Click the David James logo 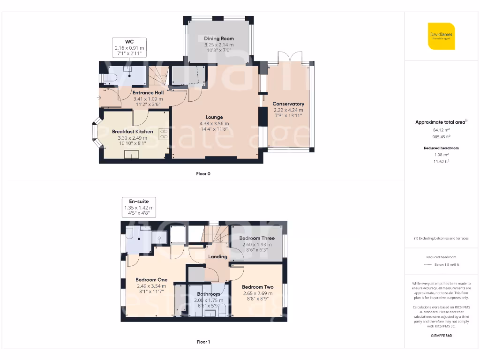pyautogui.click(x=441, y=36)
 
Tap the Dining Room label pyautogui.click(x=218, y=38)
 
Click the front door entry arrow pyautogui.click(x=98, y=97)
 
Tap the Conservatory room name pyautogui.click(x=288, y=104)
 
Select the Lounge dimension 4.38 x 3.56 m pyautogui.click(x=214, y=124)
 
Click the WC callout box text pyautogui.click(x=129, y=48)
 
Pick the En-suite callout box pyautogui.click(x=139, y=207)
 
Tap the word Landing pyautogui.click(x=217, y=257)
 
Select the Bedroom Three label pyautogui.click(x=256, y=239)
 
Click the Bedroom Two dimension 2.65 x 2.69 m pyautogui.click(x=258, y=293)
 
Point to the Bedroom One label pyautogui.click(x=151, y=280)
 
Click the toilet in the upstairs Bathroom pyautogui.click(x=222, y=309)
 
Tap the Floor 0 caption pyautogui.click(x=203, y=174)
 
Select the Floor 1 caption pyautogui.click(x=203, y=342)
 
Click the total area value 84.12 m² pyautogui.click(x=441, y=130)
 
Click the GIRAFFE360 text pyautogui.click(x=441, y=336)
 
